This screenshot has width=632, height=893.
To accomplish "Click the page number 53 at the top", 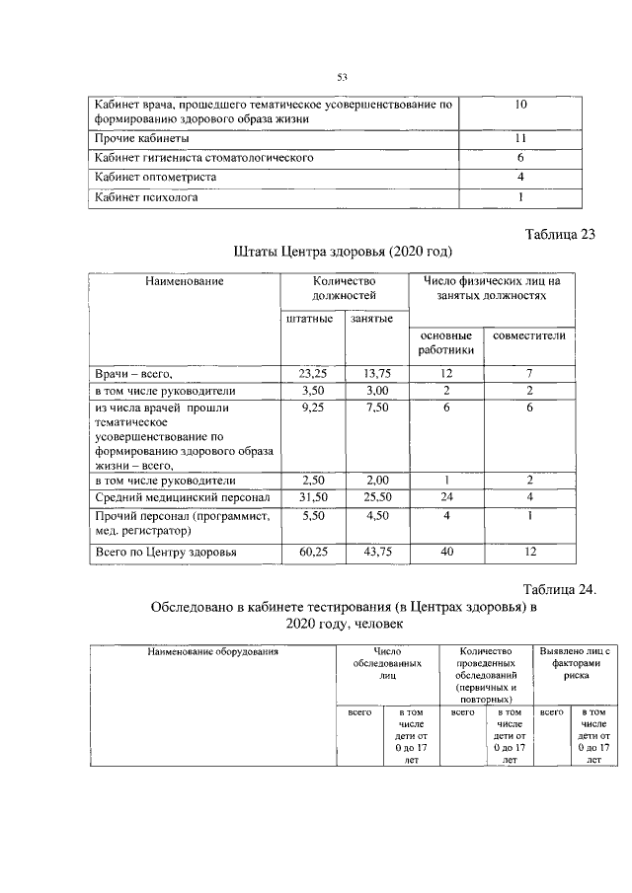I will pyautogui.click(x=343, y=77).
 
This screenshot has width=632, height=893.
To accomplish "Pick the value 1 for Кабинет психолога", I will pyautogui.click(x=520, y=197).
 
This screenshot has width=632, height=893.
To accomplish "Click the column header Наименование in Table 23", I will pyautogui.click(x=185, y=282).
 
